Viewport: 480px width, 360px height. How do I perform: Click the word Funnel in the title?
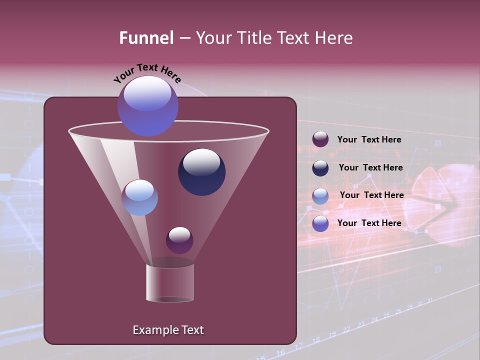(146, 37)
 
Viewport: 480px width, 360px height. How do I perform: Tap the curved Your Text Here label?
(147, 72)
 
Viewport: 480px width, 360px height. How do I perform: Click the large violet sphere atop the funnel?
(147, 106)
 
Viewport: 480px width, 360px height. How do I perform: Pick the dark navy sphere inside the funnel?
(201, 171)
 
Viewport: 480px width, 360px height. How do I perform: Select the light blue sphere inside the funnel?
(139, 197)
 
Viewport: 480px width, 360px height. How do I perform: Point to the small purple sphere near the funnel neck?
(179, 240)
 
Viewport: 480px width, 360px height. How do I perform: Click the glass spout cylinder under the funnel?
(170, 282)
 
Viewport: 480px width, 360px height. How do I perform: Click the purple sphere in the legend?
(320, 139)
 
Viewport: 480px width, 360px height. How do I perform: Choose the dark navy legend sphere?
(320, 168)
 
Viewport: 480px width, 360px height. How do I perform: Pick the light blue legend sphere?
(320, 196)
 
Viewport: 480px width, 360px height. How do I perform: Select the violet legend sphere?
(320, 223)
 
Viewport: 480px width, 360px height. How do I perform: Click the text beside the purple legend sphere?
(369, 139)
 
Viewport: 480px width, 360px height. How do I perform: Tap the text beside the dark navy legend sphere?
(370, 167)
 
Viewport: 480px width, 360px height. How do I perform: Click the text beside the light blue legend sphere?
(371, 195)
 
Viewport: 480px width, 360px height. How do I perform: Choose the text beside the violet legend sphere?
(369, 223)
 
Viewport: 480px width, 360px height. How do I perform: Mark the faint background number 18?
(315, 340)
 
